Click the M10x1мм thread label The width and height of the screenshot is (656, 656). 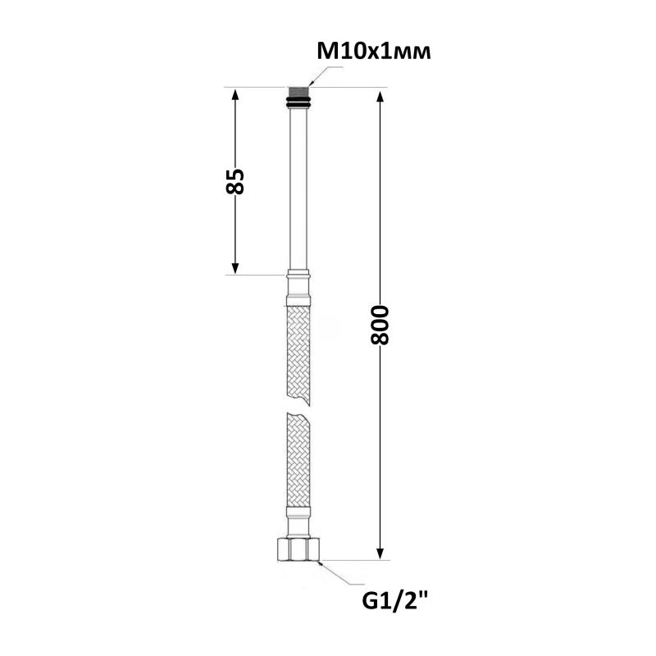pos(374,52)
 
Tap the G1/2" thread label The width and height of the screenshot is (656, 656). pos(394,602)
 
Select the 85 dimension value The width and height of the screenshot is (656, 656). pos(235,181)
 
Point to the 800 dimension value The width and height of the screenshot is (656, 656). pos(380,325)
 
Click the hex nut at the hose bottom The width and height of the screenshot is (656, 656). pos(298,549)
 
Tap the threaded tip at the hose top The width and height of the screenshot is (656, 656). pos(298,92)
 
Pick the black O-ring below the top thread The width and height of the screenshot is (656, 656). pos(298,102)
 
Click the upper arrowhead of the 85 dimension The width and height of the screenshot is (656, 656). pos(235,94)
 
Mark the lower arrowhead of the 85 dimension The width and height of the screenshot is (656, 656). pos(235,268)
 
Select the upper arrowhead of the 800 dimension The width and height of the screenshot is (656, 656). pos(380,97)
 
